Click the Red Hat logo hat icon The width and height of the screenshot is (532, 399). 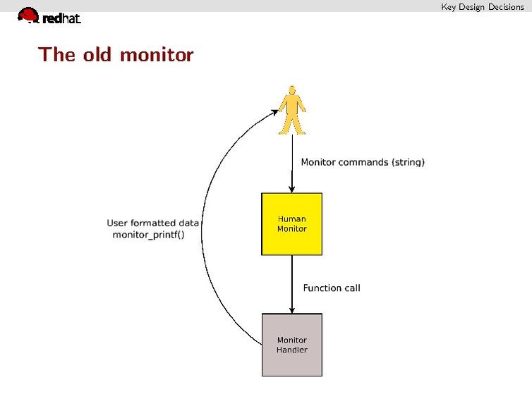pos(28,15)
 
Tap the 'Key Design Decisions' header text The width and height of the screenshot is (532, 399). pos(483,7)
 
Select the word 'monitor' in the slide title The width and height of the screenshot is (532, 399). pos(157,54)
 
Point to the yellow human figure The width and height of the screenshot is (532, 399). pos(291,111)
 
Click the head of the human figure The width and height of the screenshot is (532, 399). pos(291,91)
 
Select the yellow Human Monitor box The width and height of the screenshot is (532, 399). pos(291,223)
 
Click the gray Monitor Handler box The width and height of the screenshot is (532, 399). pos(291,345)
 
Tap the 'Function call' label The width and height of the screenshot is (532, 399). pos(332,288)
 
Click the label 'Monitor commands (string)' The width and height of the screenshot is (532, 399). pos(363,162)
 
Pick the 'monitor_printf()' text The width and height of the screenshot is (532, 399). pos(148,235)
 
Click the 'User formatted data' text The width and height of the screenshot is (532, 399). pos(153,223)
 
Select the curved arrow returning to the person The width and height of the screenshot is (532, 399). pos(206,211)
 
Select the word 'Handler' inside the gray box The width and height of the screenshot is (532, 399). pos(291,350)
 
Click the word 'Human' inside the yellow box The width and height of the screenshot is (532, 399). pos(291,219)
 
